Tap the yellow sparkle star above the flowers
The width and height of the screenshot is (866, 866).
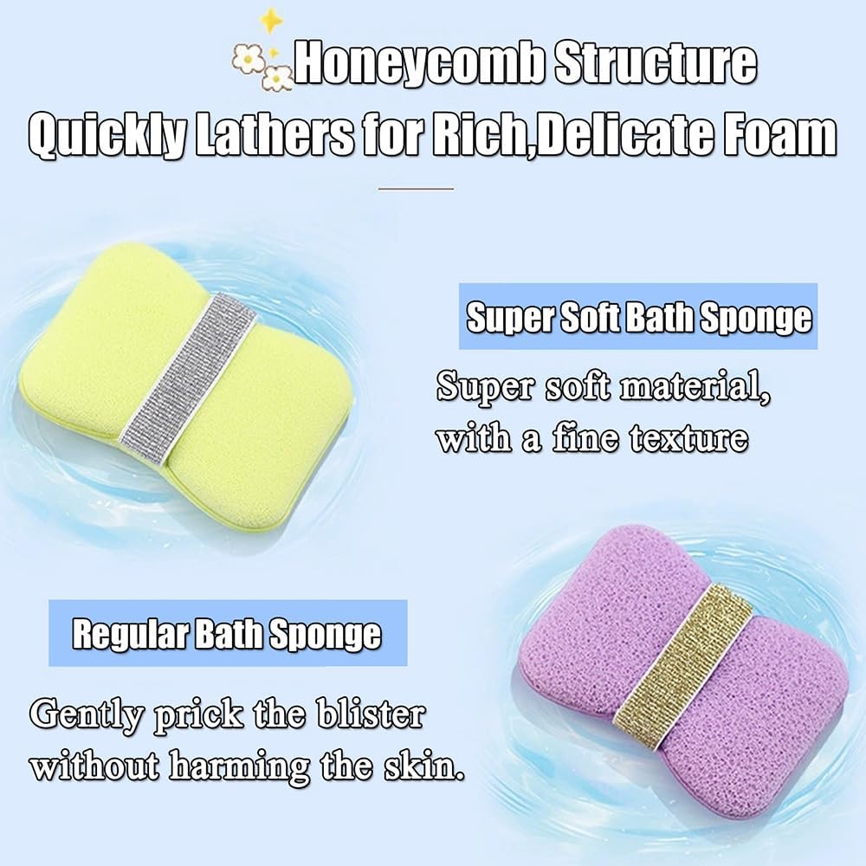(x=273, y=19)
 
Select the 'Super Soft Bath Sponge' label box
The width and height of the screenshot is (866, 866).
(x=639, y=319)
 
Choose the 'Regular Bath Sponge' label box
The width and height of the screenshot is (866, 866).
(x=227, y=634)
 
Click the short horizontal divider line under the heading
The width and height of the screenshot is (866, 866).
(x=417, y=187)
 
